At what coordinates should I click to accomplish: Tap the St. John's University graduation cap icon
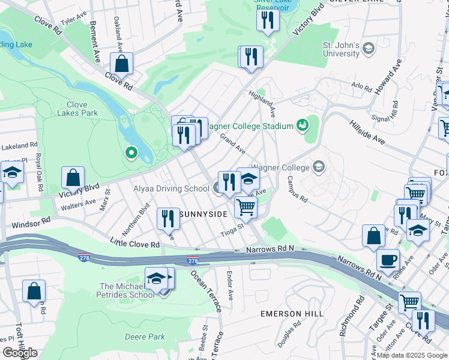(x=369, y=47)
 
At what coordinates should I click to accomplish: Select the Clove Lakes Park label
(x=77, y=108)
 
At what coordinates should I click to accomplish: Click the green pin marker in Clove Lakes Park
(x=131, y=154)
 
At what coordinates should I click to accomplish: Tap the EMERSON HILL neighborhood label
(x=292, y=313)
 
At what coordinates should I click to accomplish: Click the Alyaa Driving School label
(x=171, y=188)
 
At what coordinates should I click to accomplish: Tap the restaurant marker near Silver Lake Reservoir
(x=268, y=20)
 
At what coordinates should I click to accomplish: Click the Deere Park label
(x=145, y=337)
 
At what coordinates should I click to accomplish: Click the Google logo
(x=19, y=353)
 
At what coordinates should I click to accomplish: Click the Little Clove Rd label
(x=134, y=243)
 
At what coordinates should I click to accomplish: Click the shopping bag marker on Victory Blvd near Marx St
(x=72, y=178)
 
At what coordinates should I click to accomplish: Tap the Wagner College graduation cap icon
(x=318, y=167)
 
